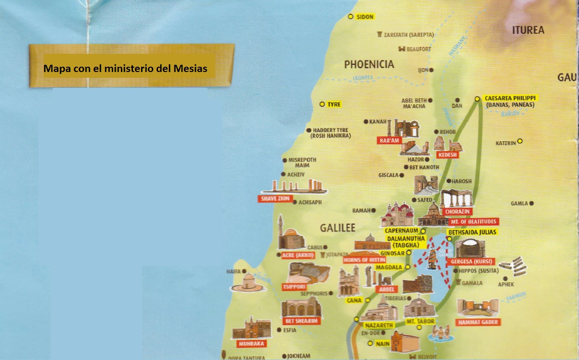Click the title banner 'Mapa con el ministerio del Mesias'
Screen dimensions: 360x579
click(x=125, y=69)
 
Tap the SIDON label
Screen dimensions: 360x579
click(x=365, y=17)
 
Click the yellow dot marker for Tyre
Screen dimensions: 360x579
click(x=322, y=104)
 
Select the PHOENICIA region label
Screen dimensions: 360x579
click(x=369, y=64)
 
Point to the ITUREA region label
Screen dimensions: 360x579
click(x=528, y=30)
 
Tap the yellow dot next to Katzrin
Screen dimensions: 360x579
click(x=519, y=141)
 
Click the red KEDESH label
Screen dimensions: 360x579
click(x=447, y=155)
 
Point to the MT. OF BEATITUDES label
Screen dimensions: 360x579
click(x=473, y=222)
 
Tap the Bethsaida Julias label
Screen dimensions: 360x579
click(x=472, y=232)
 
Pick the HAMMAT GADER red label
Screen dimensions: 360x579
click(x=478, y=322)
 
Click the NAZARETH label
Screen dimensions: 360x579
click(x=376, y=325)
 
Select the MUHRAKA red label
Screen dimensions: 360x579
click(x=251, y=344)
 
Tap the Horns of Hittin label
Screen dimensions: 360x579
click(x=364, y=260)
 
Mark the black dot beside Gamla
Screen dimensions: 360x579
click(x=531, y=204)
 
